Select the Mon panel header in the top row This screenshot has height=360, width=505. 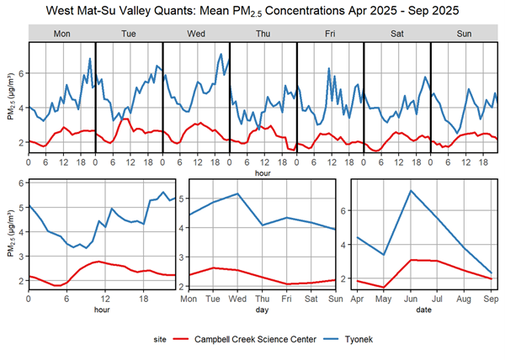click(x=61, y=34)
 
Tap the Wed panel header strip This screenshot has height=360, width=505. click(x=195, y=34)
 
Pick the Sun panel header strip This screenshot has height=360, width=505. click(x=464, y=34)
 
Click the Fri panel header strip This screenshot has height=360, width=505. click(x=329, y=34)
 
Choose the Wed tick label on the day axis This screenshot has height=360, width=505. click(x=239, y=299)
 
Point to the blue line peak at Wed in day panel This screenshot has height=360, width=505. click(x=239, y=193)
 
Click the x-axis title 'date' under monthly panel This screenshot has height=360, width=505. click(x=425, y=310)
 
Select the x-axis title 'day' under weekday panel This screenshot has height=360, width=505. click(x=263, y=310)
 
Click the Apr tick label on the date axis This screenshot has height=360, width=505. click(x=358, y=299)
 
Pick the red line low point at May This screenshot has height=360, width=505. click(x=384, y=287)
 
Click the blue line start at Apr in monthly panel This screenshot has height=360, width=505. click(x=358, y=237)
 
